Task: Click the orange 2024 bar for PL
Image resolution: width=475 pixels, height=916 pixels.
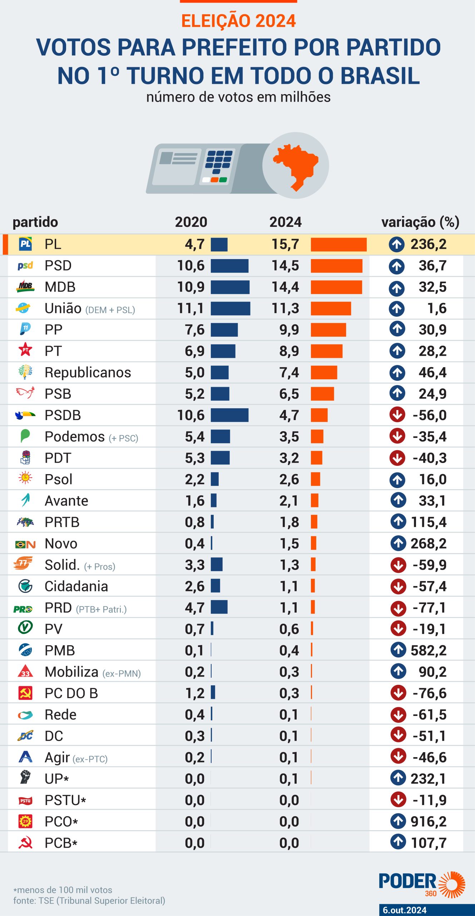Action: click(338, 244)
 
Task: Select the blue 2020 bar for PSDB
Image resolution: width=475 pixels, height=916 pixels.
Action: click(229, 415)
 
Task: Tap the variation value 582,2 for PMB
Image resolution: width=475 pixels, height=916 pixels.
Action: click(428, 651)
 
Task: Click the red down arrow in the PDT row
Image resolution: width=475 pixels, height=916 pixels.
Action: click(397, 458)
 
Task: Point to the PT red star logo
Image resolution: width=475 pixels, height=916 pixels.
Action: click(25, 350)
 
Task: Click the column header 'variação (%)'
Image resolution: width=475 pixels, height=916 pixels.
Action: click(420, 222)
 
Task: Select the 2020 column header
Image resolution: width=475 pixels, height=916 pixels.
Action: click(191, 222)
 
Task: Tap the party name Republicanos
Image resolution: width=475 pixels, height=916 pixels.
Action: click(88, 372)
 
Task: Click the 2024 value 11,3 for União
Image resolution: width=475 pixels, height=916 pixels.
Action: click(285, 308)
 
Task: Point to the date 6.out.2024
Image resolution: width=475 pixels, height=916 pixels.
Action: click(405, 910)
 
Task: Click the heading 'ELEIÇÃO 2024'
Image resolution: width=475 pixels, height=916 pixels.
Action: click(238, 21)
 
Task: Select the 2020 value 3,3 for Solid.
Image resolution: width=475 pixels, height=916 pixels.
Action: click(194, 565)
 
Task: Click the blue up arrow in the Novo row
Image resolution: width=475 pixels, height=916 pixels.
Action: click(398, 544)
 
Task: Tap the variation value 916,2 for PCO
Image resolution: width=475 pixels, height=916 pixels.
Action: click(428, 822)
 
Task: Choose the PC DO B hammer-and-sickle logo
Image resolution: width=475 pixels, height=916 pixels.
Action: click(25, 693)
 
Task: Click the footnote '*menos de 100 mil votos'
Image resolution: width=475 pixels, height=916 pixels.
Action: click(63, 890)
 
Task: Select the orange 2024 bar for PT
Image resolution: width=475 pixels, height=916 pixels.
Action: click(326, 351)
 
